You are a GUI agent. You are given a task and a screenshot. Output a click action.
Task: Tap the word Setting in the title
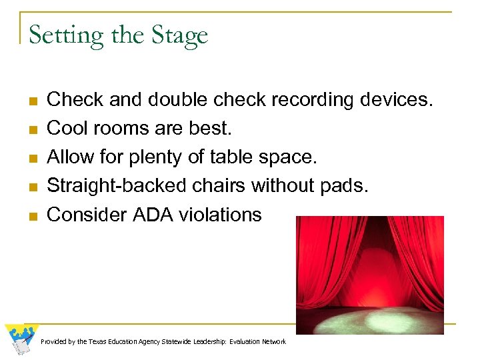point(57,35)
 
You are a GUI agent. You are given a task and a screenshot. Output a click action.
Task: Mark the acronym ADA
point(162,214)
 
